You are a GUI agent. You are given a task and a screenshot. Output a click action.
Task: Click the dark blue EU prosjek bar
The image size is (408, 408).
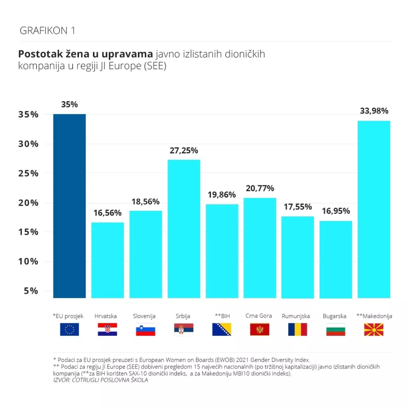[x=69, y=206]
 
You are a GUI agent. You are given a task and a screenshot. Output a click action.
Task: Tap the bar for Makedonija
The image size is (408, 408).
[x=374, y=209]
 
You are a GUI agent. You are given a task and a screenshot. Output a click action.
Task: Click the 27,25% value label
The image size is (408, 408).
[x=184, y=151]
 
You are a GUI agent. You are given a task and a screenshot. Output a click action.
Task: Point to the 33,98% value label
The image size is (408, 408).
[x=374, y=111]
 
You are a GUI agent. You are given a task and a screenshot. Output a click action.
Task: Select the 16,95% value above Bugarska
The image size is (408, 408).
[x=336, y=211]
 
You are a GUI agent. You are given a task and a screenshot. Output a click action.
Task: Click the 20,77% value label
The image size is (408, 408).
[x=260, y=188]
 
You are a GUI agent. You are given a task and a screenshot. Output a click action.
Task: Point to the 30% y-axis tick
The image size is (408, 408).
[x=28, y=144]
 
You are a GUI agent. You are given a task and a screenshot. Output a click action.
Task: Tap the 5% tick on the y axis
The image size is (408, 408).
[x=31, y=291]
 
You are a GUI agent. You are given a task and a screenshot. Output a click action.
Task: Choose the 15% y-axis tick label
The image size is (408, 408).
[x=28, y=232]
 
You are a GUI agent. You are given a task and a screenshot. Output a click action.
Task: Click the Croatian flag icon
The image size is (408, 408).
[x=108, y=330]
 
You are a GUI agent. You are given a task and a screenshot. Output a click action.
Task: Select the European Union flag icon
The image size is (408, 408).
[x=69, y=330]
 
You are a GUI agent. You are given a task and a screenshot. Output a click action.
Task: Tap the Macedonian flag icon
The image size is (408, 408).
[x=374, y=330]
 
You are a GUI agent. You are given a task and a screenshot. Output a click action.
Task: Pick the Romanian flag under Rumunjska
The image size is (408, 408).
[x=298, y=330]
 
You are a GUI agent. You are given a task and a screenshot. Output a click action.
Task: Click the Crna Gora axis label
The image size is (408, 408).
[x=259, y=316]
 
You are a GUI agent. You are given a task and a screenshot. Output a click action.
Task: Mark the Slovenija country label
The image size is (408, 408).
[x=144, y=316]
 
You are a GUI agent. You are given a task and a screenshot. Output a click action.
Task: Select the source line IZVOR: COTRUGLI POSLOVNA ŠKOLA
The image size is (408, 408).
[x=100, y=380]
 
